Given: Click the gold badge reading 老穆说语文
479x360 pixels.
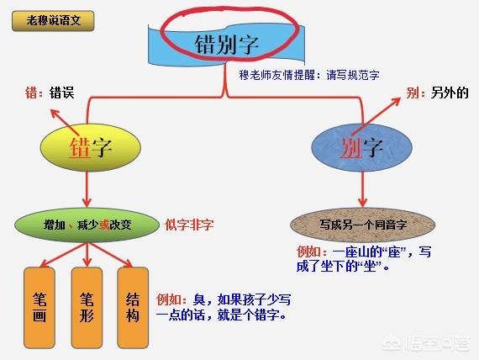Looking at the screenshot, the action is tap(53, 21).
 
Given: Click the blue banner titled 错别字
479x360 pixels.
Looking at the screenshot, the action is tap(226, 45).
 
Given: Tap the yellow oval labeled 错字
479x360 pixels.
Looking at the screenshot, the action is tap(91, 147).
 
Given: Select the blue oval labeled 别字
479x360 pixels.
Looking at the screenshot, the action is tap(361, 147).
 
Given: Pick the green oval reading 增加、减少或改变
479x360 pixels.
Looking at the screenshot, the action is tap(87, 225).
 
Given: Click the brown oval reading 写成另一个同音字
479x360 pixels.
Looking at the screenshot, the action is tap(362, 225).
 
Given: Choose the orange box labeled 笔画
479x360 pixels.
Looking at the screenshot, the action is tap(39, 308).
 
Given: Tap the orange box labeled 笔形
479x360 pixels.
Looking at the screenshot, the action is tap(87, 308).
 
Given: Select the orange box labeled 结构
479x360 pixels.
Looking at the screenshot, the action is tap(133, 308).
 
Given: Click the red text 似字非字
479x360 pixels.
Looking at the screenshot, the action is tap(189, 225).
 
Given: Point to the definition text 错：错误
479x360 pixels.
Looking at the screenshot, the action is tap(50, 93).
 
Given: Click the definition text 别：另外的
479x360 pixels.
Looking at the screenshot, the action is tap(437, 93).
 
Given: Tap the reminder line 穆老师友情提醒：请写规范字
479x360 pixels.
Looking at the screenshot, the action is tap(309, 75).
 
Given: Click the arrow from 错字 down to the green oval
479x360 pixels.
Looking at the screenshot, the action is tap(87, 189).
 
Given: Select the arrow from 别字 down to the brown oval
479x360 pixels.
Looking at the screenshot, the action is tap(362, 189).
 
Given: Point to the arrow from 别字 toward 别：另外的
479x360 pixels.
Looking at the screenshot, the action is tap(376, 116).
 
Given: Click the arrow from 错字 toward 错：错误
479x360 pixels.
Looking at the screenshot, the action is tap(65, 122).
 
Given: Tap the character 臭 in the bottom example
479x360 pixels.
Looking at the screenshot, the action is tap(199, 299).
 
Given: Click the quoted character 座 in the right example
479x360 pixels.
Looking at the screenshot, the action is tap(394, 252).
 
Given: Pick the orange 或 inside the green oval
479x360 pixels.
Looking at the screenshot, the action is tap(104, 225).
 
